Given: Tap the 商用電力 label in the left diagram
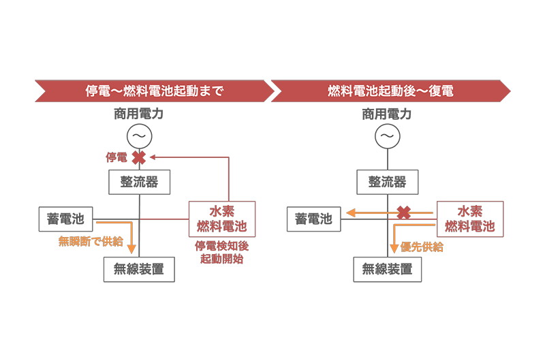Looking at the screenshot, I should click(138, 114).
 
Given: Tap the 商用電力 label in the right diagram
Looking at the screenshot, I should click(386, 114).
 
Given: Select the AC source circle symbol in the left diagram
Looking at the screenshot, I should click(139, 136).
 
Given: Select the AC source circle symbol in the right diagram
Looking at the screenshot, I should click(387, 136).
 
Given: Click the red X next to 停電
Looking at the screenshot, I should click(139, 157).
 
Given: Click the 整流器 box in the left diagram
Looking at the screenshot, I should click(139, 182).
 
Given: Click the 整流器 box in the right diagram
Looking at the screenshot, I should click(387, 182).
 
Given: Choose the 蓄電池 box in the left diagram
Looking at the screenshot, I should click(65, 219).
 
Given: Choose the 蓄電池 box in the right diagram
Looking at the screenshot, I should click(313, 219).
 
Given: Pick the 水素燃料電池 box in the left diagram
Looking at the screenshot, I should click(221, 219).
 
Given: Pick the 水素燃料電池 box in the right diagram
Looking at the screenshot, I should click(469, 219).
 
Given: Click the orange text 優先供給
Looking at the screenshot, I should click(422, 247).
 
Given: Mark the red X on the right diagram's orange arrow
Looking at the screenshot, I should click(403, 212).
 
